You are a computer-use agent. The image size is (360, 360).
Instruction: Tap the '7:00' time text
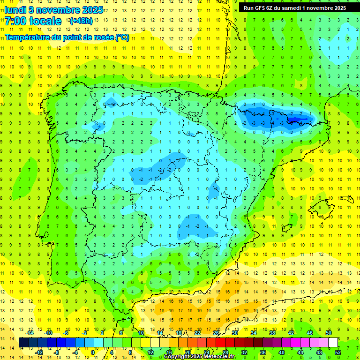15,21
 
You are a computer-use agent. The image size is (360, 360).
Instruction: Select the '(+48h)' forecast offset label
81,21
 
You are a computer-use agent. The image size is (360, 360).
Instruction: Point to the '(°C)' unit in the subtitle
122,37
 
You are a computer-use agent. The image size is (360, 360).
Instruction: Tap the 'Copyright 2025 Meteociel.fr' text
200,357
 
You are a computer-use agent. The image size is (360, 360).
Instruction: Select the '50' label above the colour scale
328,333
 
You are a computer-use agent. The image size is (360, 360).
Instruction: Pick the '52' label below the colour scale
338,352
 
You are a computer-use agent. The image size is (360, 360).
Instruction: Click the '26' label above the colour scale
216,333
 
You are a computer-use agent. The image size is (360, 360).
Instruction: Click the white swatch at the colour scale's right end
333,343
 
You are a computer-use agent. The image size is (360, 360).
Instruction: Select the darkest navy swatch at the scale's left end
23,343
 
